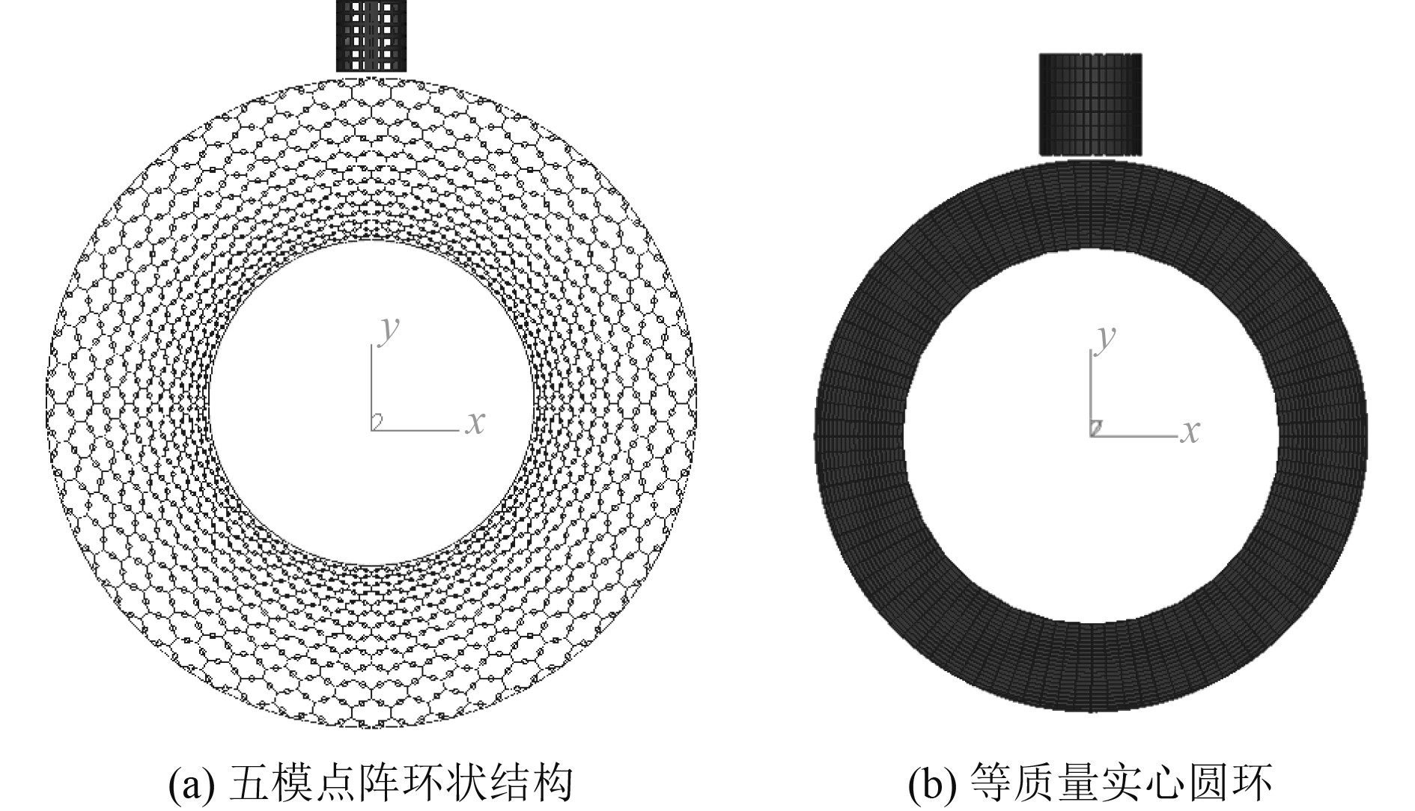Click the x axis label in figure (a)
(475, 423)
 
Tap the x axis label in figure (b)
(1190, 432)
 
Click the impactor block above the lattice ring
(371, 35)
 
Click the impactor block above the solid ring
(1091, 104)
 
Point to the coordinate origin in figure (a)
(373, 429)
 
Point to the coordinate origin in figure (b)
(1092, 435)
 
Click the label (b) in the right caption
(932, 783)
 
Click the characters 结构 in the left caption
(537, 783)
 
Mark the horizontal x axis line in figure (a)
(416, 430)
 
